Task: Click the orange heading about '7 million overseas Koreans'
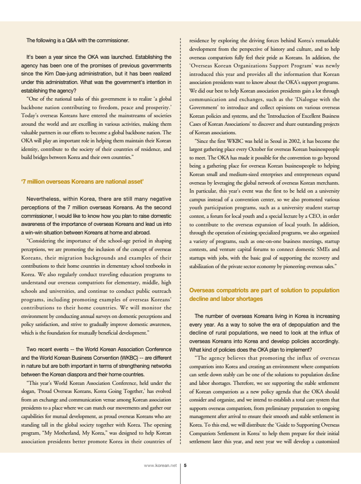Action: pyautogui.click(x=82, y=181)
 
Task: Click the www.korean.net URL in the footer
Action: pyautogui.click(x=160, y=465)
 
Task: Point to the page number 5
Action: pyautogui.click(x=185, y=465)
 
